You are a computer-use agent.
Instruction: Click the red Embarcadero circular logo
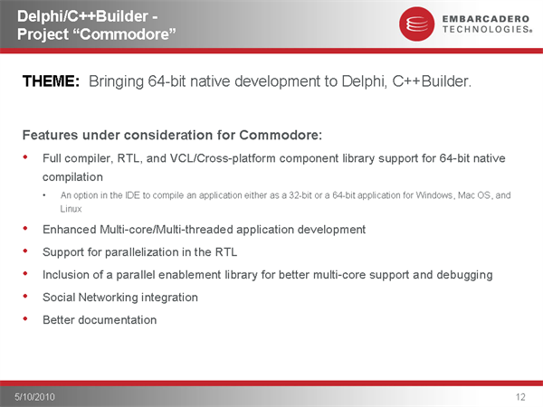416,24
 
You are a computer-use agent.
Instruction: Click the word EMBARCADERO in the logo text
485,19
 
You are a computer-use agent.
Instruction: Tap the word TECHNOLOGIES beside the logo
487,29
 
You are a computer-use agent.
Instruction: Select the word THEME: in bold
51,81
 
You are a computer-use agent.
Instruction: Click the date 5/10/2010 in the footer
34,397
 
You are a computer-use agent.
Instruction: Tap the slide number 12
520,397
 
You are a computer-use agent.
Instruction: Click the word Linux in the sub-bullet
71,209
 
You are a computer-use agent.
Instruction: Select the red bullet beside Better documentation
25,318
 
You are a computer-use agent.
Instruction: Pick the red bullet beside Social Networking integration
25,296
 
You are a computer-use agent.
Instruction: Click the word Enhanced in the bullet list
70,230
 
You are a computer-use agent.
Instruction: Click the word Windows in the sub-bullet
434,195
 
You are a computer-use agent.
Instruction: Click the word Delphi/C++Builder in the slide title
83,16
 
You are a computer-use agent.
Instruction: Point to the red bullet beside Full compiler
25,157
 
